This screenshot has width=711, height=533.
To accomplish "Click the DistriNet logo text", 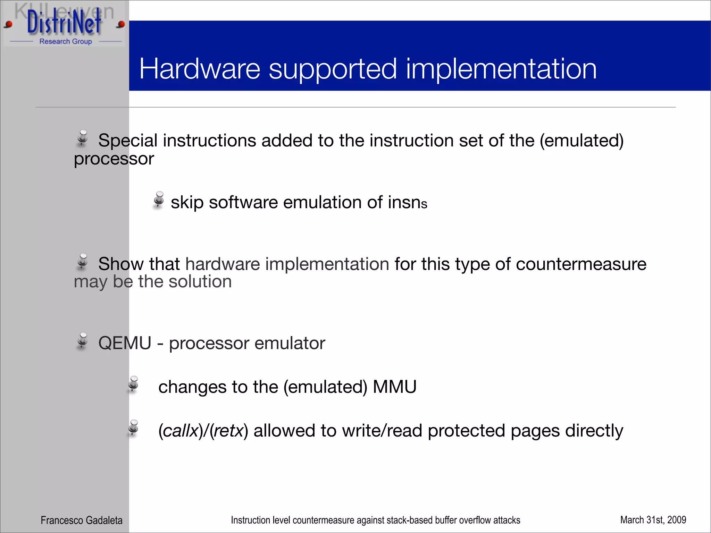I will (x=64, y=23).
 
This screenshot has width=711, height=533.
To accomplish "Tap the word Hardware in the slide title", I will (x=200, y=69).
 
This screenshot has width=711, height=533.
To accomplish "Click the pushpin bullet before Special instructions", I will (x=83, y=138).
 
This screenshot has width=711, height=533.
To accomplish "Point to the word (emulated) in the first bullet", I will (x=582, y=141).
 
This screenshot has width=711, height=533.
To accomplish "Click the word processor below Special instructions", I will (x=114, y=159).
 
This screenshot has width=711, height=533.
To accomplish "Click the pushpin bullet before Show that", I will (x=83, y=261).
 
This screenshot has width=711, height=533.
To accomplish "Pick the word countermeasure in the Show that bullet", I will (x=581, y=264).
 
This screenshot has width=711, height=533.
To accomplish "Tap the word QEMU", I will (x=125, y=343).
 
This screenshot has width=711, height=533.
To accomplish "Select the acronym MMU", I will (x=394, y=387).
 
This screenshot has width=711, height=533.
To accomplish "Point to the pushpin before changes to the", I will (x=133, y=384).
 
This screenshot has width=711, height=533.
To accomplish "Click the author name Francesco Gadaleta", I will (x=82, y=520).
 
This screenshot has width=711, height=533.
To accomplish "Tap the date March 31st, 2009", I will (x=653, y=520).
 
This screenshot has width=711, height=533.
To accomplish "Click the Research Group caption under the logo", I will (x=66, y=41).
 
